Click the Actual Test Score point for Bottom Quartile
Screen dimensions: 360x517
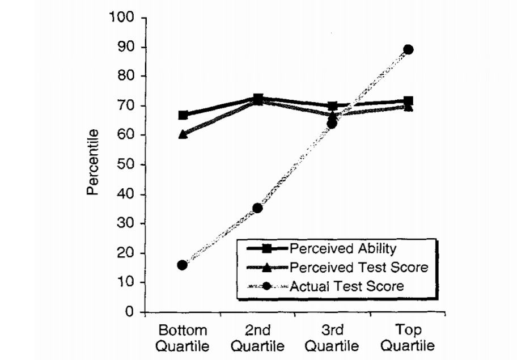point(182,265)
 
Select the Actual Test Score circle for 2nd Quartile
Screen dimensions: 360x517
point(257,208)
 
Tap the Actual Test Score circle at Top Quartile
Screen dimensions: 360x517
point(408,49)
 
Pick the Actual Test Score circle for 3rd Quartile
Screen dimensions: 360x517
point(332,123)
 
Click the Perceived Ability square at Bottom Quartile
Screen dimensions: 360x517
point(183,115)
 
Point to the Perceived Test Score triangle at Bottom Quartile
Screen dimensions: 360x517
point(183,134)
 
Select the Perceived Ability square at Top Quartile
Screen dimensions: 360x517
point(408,101)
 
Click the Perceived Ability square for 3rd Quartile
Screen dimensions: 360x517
point(333,106)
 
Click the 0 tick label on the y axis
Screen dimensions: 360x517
point(129,312)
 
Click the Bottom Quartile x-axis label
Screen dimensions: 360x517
point(183,337)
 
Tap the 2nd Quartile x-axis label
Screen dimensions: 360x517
point(258,337)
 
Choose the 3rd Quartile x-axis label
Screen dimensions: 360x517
point(333,337)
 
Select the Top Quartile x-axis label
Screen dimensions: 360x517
point(408,337)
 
